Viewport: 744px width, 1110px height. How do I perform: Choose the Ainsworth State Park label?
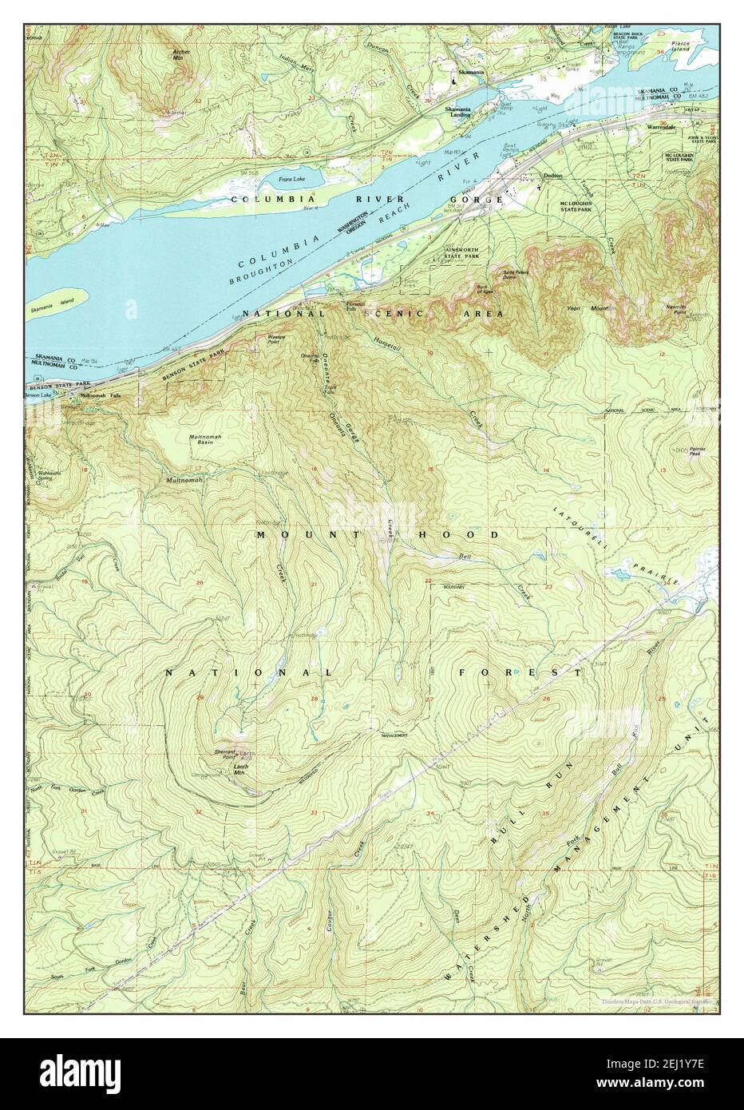461,252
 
